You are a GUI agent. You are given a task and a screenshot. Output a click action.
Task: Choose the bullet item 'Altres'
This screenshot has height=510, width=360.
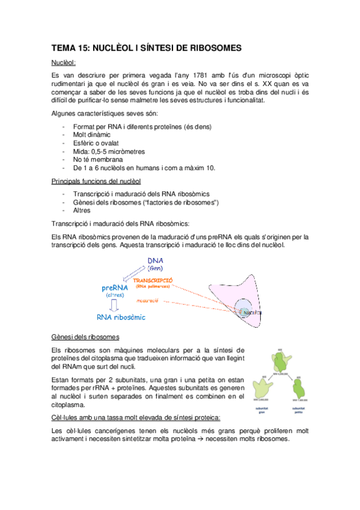click(x=82, y=210)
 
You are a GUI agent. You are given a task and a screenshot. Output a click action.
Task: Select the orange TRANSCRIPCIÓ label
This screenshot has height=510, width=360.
click(x=153, y=280)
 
